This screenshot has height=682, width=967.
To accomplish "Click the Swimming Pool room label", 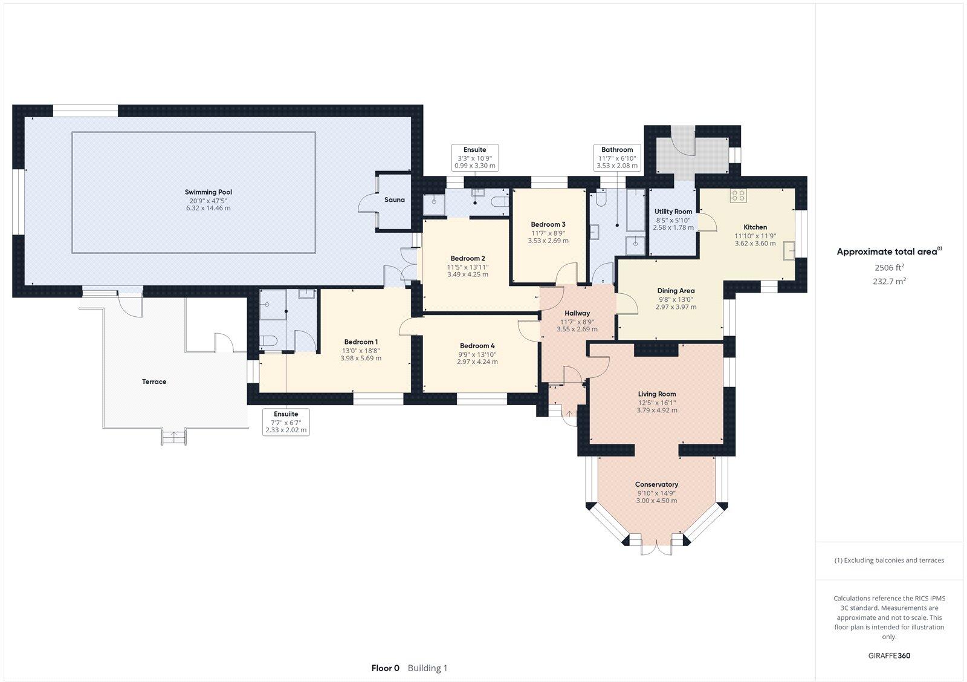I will point(209,192).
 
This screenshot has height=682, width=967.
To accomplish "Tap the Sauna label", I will point(395,200).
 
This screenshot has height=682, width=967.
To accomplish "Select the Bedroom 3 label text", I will point(548,224).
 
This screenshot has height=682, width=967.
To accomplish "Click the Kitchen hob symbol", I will point(738,195).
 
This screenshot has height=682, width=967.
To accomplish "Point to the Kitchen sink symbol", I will point(789,250).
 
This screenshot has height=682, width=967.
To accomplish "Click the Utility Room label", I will point(673,212).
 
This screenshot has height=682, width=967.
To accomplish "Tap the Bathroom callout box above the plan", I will point(616,157).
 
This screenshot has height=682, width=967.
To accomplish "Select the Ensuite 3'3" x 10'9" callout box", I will point(474,157).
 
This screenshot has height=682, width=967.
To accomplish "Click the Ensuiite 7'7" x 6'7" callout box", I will point(286,422).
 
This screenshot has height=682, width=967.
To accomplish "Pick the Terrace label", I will point(154,382).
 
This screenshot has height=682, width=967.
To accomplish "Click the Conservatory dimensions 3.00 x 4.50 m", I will point(656,501).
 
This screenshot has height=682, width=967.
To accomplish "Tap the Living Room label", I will point(656,394).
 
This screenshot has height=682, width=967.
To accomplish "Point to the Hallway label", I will point(577,313).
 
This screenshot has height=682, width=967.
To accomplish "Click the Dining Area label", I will point(676,291).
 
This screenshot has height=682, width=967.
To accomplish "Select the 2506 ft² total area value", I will point(889,267).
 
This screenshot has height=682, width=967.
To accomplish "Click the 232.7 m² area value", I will point(889,281).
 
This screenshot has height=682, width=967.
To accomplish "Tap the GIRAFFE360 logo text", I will point(889,655).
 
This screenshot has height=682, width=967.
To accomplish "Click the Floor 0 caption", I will point(385,668).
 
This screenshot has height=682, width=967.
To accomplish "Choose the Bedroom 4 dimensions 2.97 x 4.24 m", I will point(477,362).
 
